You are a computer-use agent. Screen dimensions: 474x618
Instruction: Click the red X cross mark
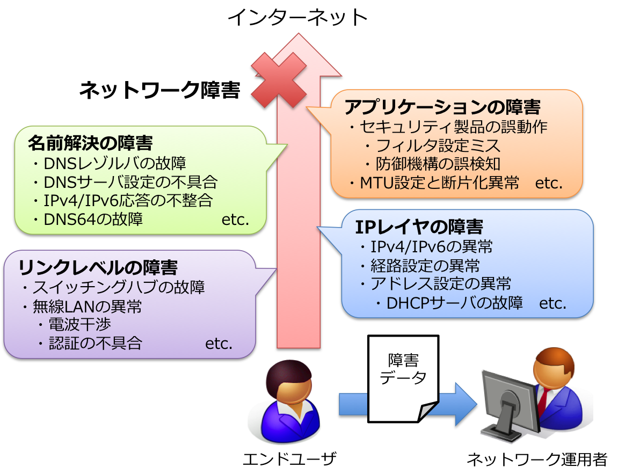[279, 80]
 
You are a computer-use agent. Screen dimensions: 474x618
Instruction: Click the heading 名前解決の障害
[90, 143]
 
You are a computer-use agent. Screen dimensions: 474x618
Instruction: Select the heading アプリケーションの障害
[442, 107]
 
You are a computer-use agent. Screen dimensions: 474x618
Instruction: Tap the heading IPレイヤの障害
[419, 227]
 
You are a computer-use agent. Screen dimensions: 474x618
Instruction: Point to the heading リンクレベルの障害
[98, 267]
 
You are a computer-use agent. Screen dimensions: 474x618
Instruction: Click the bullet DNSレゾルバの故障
[114, 163]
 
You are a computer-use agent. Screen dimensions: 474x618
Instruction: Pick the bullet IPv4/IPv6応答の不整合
[128, 200]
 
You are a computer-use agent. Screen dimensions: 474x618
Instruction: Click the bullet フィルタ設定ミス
[438, 145]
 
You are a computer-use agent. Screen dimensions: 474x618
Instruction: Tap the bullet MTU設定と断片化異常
[439, 183]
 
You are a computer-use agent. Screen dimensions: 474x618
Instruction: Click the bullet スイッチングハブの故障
[119, 287]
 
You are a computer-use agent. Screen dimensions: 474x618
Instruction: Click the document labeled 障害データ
[403, 376]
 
